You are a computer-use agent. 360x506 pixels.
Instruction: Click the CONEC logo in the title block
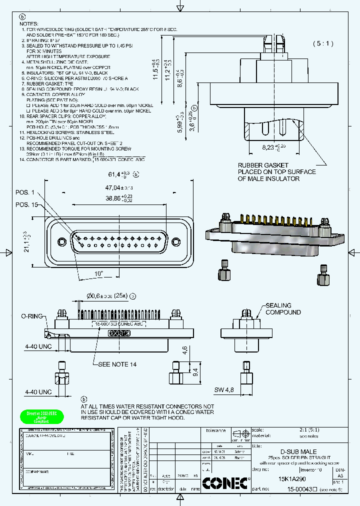pyautogui.click(x=225, y=483)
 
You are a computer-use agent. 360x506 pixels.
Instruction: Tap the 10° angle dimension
pyautogui.click(x=98, y=273)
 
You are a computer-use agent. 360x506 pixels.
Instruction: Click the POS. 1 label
pyautogui.click(x=25, y=192)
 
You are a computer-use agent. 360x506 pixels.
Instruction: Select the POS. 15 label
pyautogui.click(x=26, y=204)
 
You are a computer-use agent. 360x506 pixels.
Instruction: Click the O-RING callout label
pyautogui.click(x=30, y=316)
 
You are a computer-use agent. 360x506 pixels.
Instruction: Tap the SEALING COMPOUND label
pyautogui.click(x=283, y=308)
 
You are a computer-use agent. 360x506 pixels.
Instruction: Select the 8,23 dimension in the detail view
pyautogui.click(x=273, y=147)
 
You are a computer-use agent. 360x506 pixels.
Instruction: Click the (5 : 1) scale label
pyautogui.click(x=323, y=43)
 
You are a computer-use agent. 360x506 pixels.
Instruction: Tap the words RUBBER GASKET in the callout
pyautogui.click(x=262, y=165)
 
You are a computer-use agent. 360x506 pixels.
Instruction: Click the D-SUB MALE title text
pyautogui.click(x=297, y=451)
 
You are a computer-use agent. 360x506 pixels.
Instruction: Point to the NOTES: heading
pyautogui.click(x=28, y=24)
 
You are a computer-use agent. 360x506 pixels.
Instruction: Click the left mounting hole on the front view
pyautogui.click(x=62, y=241)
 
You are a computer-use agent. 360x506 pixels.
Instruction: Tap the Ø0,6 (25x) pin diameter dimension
pyautogui.click(x=107, y=296)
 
